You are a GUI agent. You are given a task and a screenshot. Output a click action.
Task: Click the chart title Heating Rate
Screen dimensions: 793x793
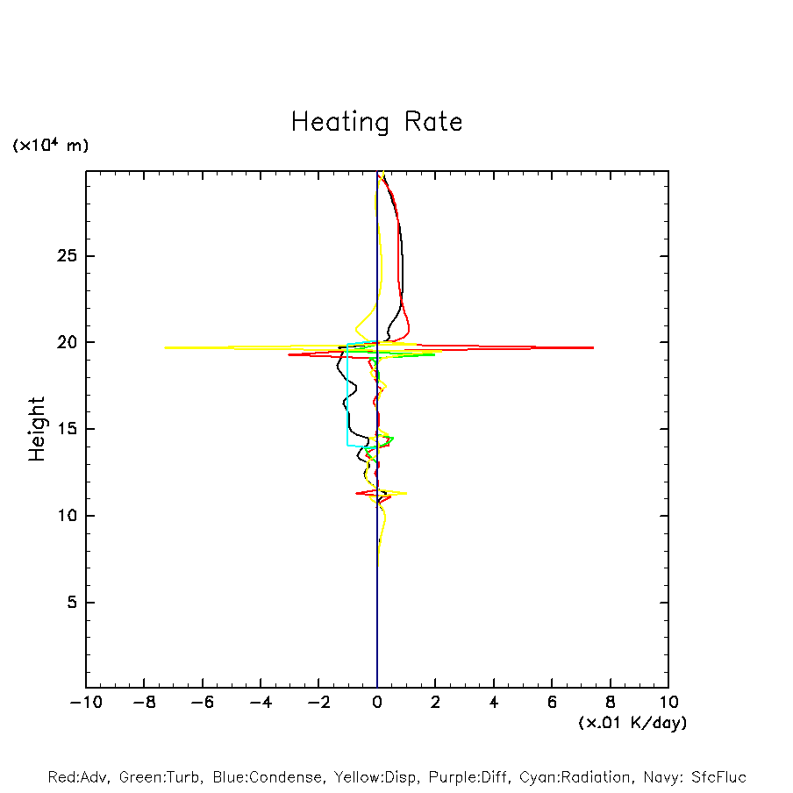pos(376,122)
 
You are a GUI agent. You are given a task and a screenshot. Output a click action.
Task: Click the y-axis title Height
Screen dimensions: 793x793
pos(37,429)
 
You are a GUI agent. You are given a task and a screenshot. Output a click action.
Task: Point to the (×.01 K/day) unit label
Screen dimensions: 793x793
pos(632,723)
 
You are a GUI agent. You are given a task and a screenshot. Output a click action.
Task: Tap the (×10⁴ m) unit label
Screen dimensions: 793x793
pos(51,146)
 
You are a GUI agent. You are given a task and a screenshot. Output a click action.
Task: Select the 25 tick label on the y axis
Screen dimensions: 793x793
pos(68,256)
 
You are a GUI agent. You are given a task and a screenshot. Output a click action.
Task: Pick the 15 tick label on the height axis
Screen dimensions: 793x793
pos(68,429)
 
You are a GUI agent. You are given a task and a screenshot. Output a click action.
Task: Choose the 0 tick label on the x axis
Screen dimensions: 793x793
pos(377,703)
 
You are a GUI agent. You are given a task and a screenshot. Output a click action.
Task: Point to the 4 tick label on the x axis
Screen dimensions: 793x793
pos(494,703)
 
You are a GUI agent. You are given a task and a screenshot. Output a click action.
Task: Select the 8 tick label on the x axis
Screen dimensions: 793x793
pos(611,703)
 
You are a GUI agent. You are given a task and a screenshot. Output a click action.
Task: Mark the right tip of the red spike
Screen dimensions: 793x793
pos(593,347)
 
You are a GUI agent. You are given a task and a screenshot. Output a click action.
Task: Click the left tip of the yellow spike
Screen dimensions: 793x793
pos(165,347)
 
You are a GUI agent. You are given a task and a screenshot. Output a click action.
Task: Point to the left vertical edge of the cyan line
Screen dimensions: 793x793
pos(347,395)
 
